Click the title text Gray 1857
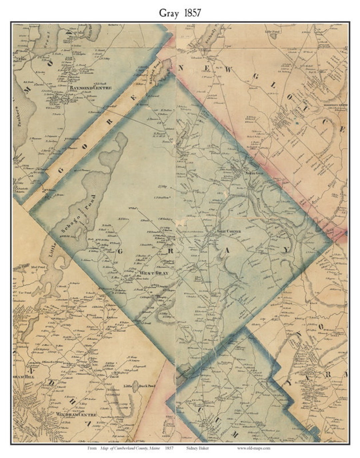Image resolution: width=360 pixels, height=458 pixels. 180,13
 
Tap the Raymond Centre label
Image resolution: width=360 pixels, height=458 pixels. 90,88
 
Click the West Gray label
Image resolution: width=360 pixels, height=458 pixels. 154,273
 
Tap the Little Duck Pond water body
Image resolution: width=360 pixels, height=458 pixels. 136,385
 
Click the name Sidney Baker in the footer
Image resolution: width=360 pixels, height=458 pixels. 198,448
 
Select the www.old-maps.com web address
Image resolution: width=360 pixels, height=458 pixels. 254,448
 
